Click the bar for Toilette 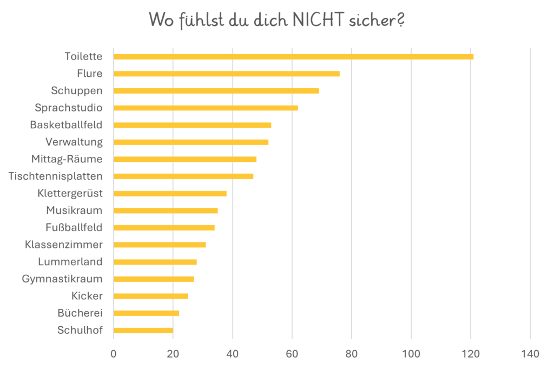coord(293,56)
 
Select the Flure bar coord(227,74)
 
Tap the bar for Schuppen coord(216,90)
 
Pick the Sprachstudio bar coord(206,108)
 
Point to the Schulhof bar coord(143,330)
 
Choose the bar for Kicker coord(151,296)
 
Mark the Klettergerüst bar coord(170,193)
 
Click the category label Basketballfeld coord(66,125)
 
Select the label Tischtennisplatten coord(56,176)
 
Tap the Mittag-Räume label coord(67,159)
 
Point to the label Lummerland coord(70,262)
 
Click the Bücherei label coord(80,313)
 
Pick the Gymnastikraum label coord(62,279)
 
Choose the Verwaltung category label coord(74,142)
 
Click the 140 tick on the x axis coord(530,354)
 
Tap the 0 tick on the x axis coord(114,354)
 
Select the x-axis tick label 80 coord(352,354)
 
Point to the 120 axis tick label coord(471,354)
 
